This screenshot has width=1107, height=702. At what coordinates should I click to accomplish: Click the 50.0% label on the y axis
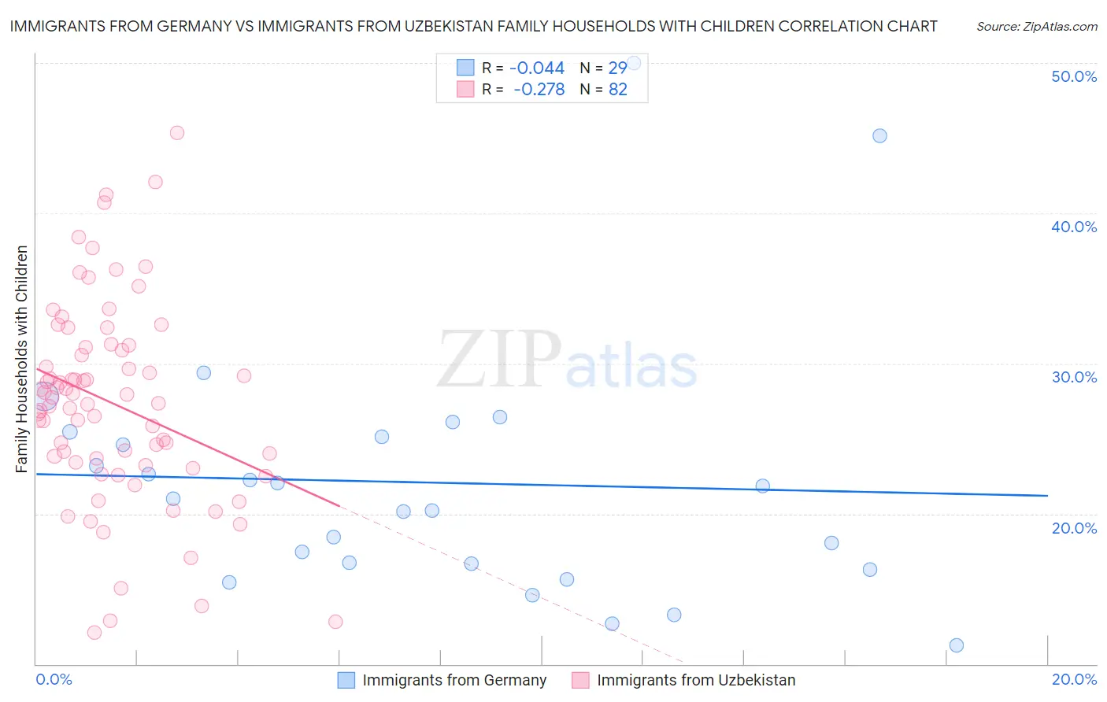coord(1074,76)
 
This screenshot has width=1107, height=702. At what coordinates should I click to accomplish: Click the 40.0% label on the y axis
coord(1074,227)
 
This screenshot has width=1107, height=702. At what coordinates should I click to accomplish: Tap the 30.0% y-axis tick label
coord(1074,377)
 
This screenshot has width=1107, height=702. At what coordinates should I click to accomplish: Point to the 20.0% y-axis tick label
coord(1074,528)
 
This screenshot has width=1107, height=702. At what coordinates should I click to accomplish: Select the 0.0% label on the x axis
coord(54,679)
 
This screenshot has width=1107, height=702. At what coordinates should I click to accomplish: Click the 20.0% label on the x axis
coord(1074,679)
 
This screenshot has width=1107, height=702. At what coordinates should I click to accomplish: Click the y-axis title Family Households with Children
coord(22,359)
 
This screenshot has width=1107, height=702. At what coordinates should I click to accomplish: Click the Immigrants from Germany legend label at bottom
coord(454,680)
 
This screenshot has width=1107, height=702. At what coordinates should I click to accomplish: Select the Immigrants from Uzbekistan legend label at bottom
coord(696,680)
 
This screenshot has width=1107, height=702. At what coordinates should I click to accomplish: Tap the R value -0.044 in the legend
coord(538,68)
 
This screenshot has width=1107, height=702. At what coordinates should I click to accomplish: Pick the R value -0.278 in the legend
coord(539,90)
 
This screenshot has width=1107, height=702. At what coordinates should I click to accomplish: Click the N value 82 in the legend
coord(618,90)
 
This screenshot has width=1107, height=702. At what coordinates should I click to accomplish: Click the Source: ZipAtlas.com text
coord(1036,27)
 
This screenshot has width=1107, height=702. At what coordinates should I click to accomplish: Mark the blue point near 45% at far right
coord(879,135)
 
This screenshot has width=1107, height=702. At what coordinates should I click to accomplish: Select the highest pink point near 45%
coord(177,133)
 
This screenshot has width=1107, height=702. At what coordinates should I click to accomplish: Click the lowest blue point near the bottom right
coord(956,645)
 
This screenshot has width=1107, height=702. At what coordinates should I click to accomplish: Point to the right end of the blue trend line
coord(1047,495)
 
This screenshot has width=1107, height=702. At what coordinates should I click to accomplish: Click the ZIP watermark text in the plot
coord(499,360)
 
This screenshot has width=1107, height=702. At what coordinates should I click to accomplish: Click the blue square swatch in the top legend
coord(466,68)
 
